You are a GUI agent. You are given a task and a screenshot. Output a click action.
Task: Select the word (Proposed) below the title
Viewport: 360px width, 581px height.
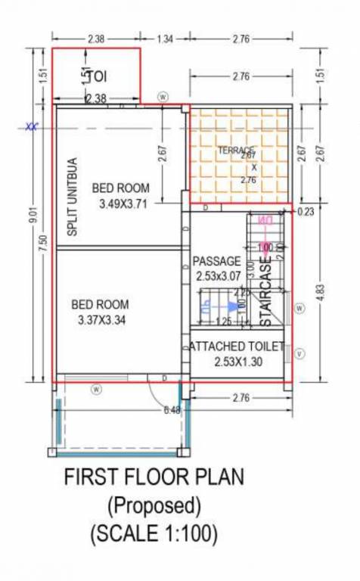point(154,505)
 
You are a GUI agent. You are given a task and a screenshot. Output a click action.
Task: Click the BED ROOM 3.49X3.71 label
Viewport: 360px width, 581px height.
point(121,196)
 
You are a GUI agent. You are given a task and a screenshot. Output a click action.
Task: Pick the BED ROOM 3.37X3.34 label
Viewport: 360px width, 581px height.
point(100,312)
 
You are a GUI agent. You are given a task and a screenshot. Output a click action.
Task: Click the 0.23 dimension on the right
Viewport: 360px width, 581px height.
point(306,213)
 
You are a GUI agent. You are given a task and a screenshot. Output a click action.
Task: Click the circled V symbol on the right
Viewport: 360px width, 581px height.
point(300,353)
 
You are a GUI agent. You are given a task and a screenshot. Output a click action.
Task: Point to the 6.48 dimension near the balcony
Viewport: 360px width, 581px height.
point(171,411)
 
